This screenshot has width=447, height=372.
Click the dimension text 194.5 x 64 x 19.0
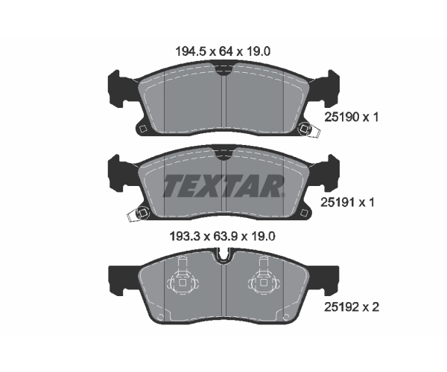[x=223, y=51]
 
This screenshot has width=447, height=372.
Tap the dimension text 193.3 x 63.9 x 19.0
[x=222, y=236]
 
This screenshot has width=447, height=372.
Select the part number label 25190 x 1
[x=351, y=117]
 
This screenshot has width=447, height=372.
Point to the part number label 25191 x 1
[x=347, y=202]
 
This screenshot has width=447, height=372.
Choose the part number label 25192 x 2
[x=352, y=307]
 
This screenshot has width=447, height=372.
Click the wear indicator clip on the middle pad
[x=137, y=214]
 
